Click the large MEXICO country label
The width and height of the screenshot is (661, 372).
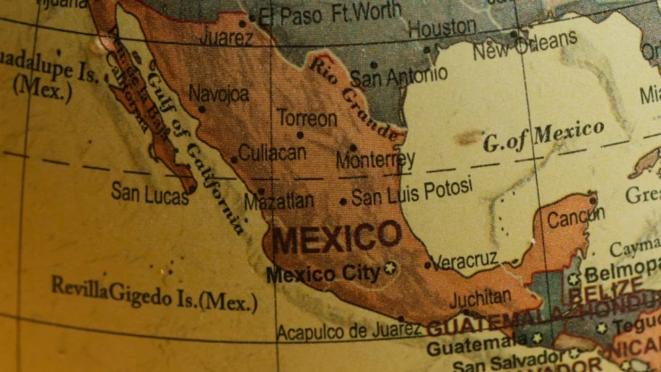point(337,238)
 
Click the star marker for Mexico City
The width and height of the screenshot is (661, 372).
point(389,267)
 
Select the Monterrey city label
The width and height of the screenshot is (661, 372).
point(375,161)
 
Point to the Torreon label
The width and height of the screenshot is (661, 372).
point(306,118)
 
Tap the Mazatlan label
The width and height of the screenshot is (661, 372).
point(278,201)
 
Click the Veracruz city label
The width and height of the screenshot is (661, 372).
point(467,260)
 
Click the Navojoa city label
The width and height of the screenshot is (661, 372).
point(220,93)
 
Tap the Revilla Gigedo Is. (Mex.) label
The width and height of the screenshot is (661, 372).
point(154,295)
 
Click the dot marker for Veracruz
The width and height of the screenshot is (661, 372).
point(428,265)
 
